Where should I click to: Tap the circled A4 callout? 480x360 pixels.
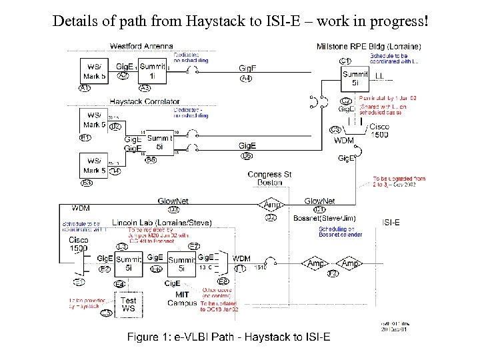[246, 79]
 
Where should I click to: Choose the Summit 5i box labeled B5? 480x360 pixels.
[159, 142]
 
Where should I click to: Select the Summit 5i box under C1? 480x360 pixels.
[355, 78]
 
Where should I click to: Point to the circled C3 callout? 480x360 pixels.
[335, 129]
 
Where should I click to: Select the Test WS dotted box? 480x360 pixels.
[129, 305]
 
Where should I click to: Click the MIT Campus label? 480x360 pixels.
[181, 299]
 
